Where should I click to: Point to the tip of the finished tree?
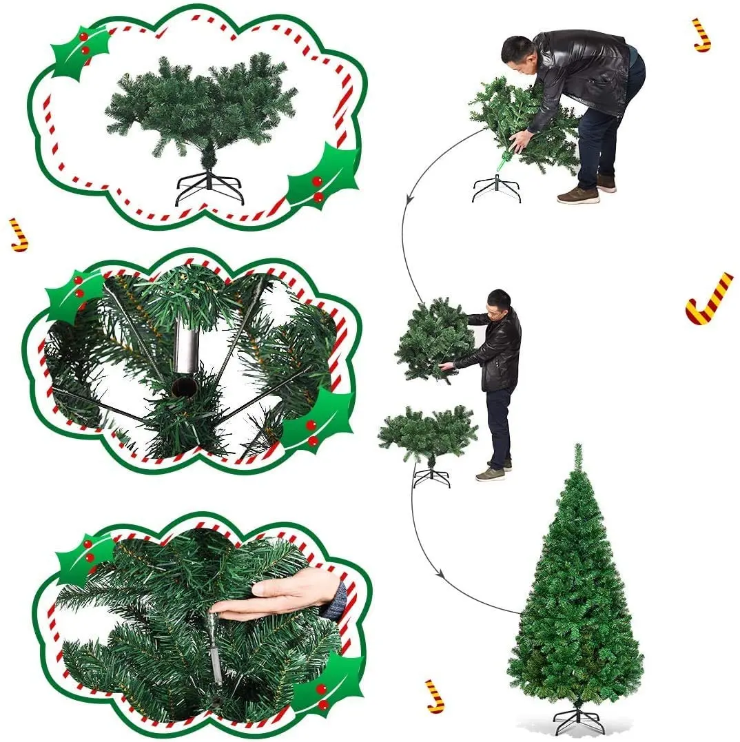(577, 449)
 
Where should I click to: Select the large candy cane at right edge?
(708, 298)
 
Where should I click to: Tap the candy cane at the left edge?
(19, 234)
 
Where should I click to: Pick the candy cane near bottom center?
(434, 696)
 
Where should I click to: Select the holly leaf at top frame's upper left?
(79, 52)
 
